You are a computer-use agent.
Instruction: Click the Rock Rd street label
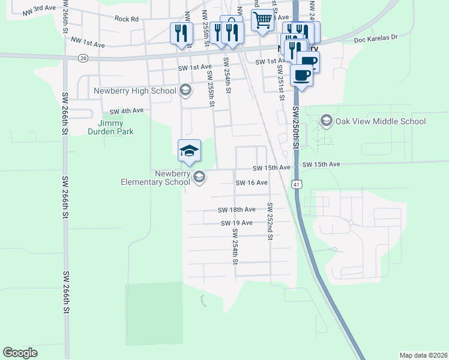click(x=126, y=19)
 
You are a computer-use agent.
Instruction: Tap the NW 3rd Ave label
click(x=40, y=10)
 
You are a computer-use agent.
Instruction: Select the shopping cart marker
click(x=262, y=20)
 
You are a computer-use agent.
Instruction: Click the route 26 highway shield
click(x=83, y=58)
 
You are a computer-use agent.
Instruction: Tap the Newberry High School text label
click(x=135, y=91)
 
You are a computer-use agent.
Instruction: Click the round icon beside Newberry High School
click(x=185, y=91)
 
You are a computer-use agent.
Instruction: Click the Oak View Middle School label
click(x=381, y=121)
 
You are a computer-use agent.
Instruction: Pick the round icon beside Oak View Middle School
click(x=326, y=121)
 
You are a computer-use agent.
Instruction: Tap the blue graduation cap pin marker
click(x=189, y=151)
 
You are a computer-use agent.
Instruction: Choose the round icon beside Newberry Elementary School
click(x=199, y=177)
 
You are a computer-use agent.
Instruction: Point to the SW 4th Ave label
click(x=127, y=111)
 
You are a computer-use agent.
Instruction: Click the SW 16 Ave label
click(x=252, y=182)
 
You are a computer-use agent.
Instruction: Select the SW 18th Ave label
click(x=237, y=210)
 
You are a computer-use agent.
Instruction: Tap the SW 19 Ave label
click(x=236, y=223)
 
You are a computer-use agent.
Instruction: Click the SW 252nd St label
click(x=271, y=221)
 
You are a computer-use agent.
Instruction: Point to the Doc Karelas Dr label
click(x=376, y=37)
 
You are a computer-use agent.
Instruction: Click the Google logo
click(x=20, y=353)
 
